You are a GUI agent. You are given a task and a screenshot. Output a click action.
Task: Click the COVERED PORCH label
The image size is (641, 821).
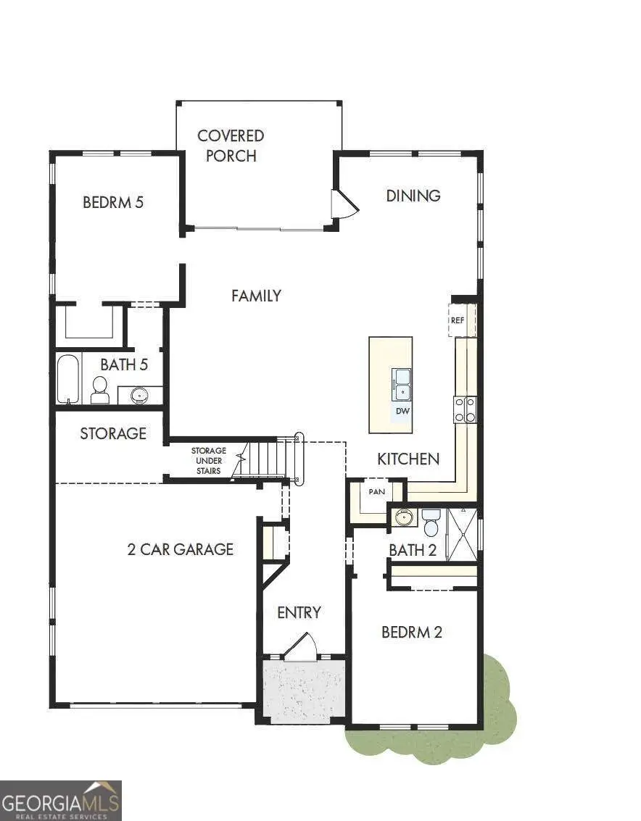(231, 145)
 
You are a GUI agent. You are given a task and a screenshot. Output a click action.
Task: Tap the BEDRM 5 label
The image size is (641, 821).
(113, 202)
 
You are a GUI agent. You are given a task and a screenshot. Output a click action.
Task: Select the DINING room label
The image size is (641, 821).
(413, 196)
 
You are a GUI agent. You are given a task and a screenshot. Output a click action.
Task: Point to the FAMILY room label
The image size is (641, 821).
(256, 296)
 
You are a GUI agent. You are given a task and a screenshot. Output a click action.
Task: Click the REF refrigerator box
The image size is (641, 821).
(458, 320)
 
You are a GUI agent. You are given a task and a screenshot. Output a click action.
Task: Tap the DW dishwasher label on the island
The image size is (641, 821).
(402, 412)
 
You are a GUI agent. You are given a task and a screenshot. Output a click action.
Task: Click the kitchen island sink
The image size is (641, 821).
(401, 384)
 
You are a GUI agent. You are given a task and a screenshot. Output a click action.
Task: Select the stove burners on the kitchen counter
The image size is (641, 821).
(465, 409)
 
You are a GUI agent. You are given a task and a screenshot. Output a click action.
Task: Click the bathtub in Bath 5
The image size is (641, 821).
(67, 378)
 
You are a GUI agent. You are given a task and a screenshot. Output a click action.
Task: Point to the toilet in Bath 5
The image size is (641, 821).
(100, 390)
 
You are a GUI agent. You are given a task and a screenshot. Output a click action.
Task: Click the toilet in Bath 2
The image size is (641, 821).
(431, 522)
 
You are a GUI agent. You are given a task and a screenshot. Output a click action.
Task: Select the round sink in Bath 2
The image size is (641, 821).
(404, 518)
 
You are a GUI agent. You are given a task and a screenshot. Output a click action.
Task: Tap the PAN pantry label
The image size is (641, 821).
(377, 491)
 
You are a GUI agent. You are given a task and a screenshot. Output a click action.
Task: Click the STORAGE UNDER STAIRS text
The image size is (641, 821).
(208, 460)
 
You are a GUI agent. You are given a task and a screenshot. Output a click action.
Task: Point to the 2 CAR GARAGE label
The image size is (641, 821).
(181, 549)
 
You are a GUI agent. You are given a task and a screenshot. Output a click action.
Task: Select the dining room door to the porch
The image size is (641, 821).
(344, 204)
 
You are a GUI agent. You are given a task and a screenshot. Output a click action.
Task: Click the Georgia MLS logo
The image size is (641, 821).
(61, 800)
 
